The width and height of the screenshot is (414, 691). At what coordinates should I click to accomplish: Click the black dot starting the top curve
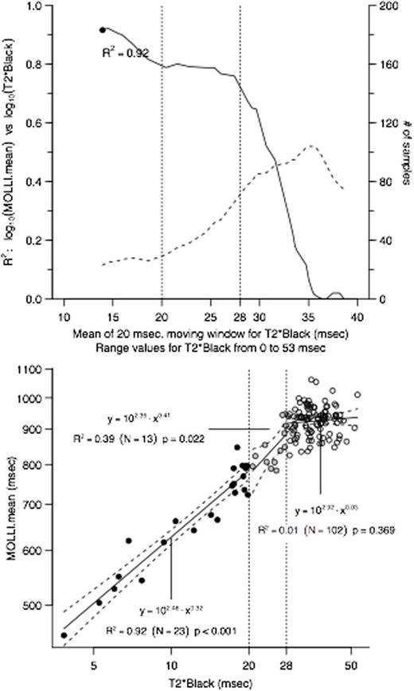pyautogui.click(x=103, y=29)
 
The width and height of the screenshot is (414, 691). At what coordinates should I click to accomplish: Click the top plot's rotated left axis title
pyautogui.click(x=10, y=151)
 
